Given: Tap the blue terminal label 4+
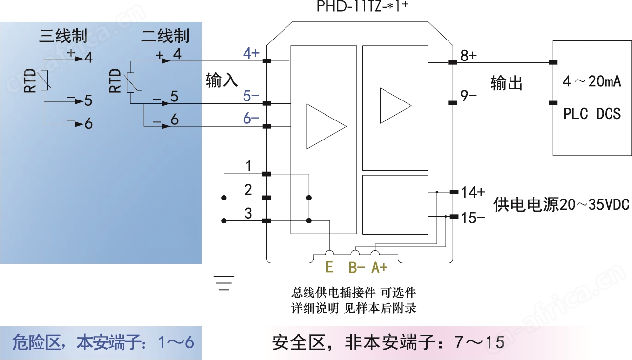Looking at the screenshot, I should click(251, 53).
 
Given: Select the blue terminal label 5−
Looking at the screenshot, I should click(251, 96).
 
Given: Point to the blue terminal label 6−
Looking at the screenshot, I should click(251, 119).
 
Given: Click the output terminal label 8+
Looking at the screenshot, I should click(469, 55).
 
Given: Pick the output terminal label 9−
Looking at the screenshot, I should click(469, 96).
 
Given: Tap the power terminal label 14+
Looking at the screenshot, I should click(473, 192).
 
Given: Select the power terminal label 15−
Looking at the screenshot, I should click(473, 218).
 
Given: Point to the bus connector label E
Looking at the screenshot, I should click(329, 267).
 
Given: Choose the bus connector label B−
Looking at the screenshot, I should click(357, 267).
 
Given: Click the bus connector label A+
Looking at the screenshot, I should click(380, 267).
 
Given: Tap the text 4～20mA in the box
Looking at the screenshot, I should click(591, 82).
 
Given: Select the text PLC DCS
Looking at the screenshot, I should click(591, 114).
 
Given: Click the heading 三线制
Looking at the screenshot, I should click(63, 36).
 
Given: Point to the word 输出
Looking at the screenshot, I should click(507, 83).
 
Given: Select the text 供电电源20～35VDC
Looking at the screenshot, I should click(561, 204).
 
